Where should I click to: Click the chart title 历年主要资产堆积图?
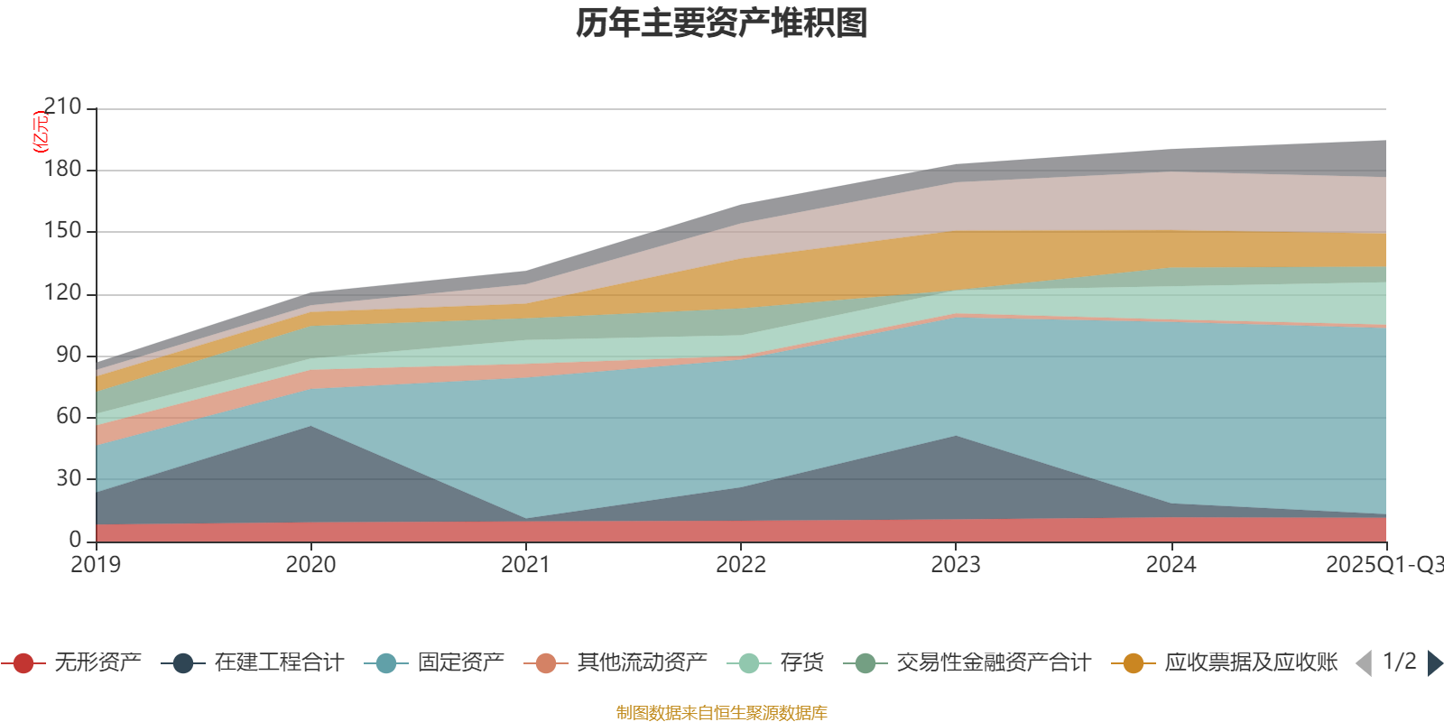click(x=722, y=23)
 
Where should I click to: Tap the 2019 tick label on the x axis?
click(x=96, y=565)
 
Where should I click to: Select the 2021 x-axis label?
click(x=525, y=565)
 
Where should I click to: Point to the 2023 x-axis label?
click(x=956, y=565)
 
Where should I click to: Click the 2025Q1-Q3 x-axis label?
click(x=1383, y=565)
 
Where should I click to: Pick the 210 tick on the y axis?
click(x=62, y=107)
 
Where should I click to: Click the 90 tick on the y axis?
click(x=69, y=355)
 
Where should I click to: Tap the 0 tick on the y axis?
click(x=75, y=540)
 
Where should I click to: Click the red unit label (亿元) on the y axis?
click(x=41, y=132)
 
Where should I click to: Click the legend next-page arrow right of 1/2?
click(x=1435, y=663)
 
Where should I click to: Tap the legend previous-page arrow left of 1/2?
click(x=1364, y=663)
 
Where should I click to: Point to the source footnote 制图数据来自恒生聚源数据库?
click(x=722, y=713)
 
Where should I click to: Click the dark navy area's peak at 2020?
click(x=311, y=428)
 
